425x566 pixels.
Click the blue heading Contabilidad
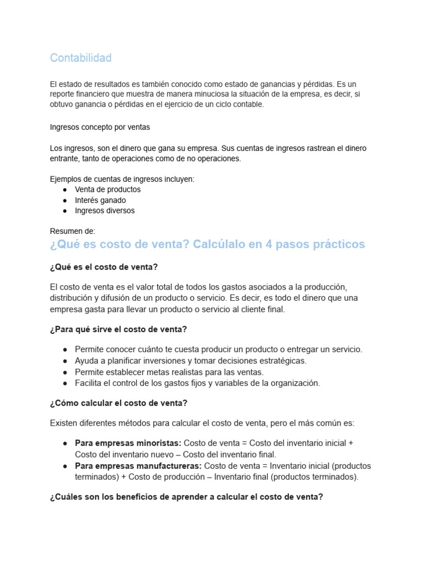pos(80,57)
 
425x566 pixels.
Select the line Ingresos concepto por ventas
pos(100,127)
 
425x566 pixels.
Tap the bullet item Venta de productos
pos(107,190)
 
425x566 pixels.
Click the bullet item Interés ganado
pos(100,200)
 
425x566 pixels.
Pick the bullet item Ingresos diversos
pos(105,211)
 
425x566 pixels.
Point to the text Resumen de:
pos(72,231)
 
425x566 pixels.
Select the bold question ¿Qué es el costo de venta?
pos(103,267)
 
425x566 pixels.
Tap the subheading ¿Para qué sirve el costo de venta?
pos(118,329)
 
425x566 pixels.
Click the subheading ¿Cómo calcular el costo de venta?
pos(118,403)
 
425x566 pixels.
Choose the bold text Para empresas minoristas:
pos(128,443)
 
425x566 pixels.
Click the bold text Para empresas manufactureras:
pos(138,466)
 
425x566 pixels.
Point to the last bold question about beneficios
pos(186,497)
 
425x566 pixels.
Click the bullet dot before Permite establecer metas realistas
pos(65,372)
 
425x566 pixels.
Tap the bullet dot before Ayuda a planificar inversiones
pos(65,361)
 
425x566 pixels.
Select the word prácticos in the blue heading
pos(338,244)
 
